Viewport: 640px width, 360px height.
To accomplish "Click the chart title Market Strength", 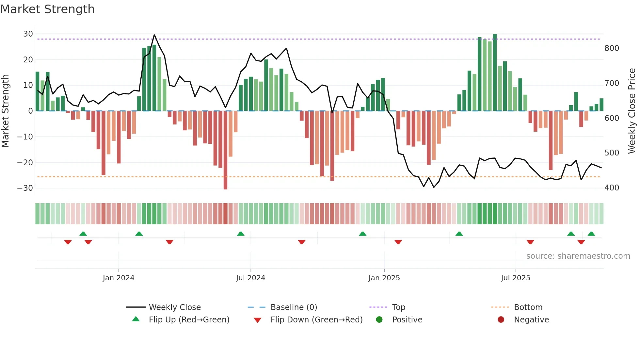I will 47,9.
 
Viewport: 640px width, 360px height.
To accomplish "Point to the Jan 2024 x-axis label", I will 118,278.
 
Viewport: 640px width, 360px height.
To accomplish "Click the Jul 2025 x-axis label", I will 515,278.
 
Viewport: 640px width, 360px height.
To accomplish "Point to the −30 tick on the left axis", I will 25,188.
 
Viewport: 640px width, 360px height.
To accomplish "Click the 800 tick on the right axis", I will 612,48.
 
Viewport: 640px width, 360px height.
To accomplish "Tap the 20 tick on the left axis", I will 28,60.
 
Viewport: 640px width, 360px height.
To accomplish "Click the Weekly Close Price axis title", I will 632,111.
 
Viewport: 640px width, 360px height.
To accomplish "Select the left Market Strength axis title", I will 5,111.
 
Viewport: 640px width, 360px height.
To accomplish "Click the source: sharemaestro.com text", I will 578,256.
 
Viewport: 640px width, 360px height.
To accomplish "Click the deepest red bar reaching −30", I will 225,150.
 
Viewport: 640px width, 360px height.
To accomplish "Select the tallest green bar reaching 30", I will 495,72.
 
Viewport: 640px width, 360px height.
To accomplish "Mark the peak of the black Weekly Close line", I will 154,35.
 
